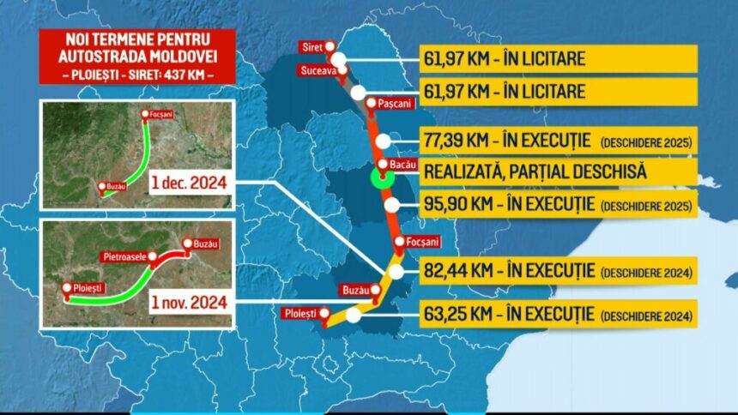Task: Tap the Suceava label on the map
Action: [318, 69]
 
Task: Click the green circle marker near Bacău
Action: [381, 178]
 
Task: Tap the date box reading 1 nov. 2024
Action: [189, 302]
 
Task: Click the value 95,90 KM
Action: [462, 205]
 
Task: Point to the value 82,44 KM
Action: [462, 271]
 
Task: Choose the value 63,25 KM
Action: [462, 314]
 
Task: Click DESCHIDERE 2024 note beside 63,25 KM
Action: [648, 315]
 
